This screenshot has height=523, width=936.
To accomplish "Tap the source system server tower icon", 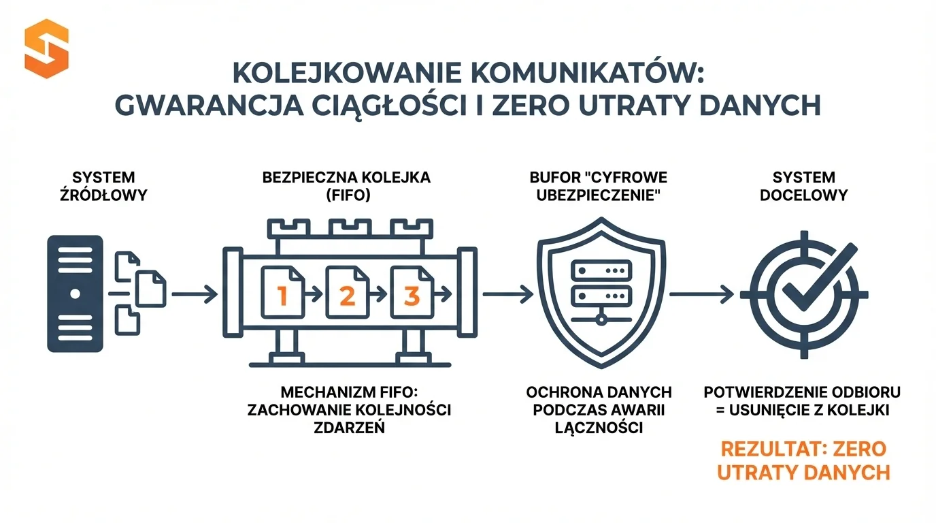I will point(75,293).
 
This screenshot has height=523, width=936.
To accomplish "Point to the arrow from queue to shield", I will point(507,295).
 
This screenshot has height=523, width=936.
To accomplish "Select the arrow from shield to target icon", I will point(701,295).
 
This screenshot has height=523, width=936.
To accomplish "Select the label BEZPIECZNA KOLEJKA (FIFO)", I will point(346,187).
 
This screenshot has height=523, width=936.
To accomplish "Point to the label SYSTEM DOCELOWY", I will point(804,187).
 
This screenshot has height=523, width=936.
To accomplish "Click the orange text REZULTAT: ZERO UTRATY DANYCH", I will point(803,460).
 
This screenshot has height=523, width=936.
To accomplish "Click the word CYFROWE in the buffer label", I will point(630,178).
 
